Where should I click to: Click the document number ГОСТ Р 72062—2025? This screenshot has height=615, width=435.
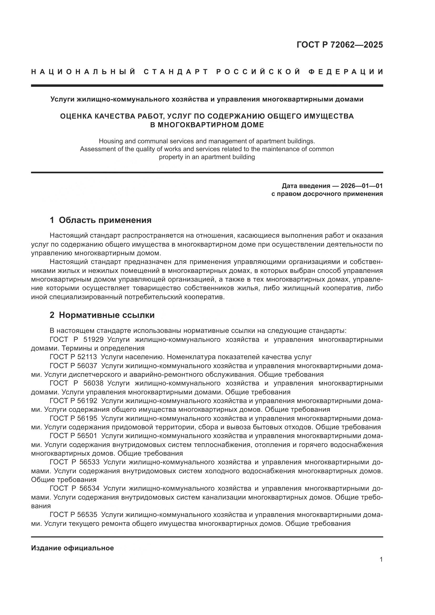(x=340, y=45)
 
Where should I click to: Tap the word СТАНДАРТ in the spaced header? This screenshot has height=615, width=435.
(x=176, y=72)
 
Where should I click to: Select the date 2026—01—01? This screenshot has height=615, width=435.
(x=362, y=186)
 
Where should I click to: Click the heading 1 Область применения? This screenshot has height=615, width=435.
(x=100, y=220)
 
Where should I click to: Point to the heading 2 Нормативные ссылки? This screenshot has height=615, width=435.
(x=102, y=315)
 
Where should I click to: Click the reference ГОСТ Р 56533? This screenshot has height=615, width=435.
(x=74, y=462)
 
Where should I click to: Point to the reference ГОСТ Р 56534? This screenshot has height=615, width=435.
(x=74, y=488)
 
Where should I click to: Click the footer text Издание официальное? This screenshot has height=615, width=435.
(x=72, y=548)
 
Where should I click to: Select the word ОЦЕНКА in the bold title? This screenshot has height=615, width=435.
(x=76, y=116)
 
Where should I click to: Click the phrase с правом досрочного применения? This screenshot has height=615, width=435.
(x=327, y=194)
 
